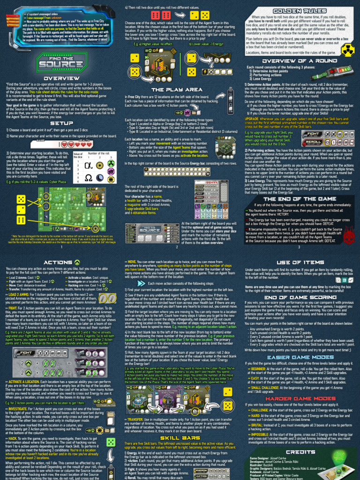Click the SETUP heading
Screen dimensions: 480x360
[61, 123]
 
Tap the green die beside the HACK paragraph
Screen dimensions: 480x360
[111, 442]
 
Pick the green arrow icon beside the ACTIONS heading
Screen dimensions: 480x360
[77, 262]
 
